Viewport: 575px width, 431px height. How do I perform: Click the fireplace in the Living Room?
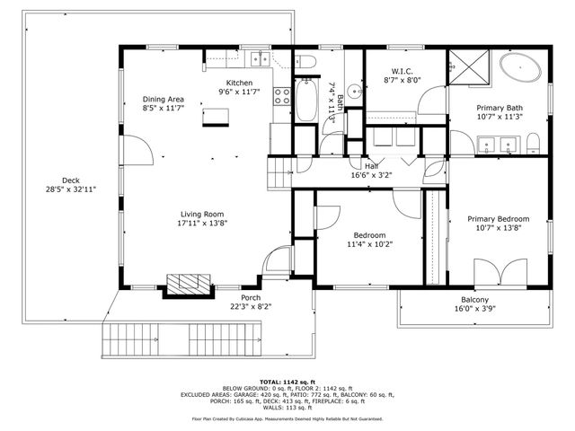(x=187, y=286)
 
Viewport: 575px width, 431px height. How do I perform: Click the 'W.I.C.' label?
(x=402, y=71)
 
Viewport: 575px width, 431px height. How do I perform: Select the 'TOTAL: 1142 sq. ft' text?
(x=287, y=382)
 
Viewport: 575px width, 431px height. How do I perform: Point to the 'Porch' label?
(x=250, y=297)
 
